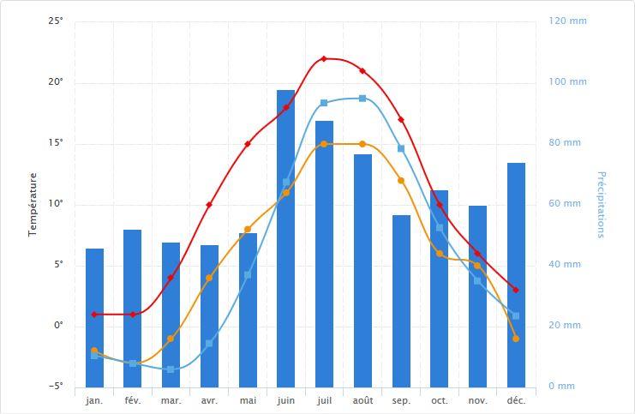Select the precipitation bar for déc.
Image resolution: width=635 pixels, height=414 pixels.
[x=516, y=274]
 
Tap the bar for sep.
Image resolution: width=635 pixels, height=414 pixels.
[x=401, y=300]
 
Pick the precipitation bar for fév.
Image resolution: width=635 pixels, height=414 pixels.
[x=132, y=308]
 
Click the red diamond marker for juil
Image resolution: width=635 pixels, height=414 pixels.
[x=324, y=58]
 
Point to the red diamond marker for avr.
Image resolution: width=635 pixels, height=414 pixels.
[x=209, y=205]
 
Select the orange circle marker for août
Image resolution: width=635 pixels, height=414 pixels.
[x=362, y=144]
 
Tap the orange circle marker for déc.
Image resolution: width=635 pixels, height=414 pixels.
[x=516, y=339]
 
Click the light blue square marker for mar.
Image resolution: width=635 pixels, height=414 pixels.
[x=171, y=369]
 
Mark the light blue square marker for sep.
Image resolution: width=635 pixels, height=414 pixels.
[x=401, y=148]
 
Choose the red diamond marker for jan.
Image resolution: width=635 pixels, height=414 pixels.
[x=94, y=315]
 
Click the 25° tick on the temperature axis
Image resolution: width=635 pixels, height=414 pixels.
[x=56, y=21]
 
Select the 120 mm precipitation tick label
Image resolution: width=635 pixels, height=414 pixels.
[x=568, y=21]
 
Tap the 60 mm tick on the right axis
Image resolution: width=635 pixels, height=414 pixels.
[x=566, y=204]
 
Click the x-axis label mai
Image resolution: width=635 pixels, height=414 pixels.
[x=248, y=400]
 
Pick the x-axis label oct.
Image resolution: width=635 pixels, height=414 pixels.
[x=440, y=400]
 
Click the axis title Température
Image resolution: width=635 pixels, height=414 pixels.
[x=33, y=204]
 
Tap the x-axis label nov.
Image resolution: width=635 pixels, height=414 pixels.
[x=478, y=400]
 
